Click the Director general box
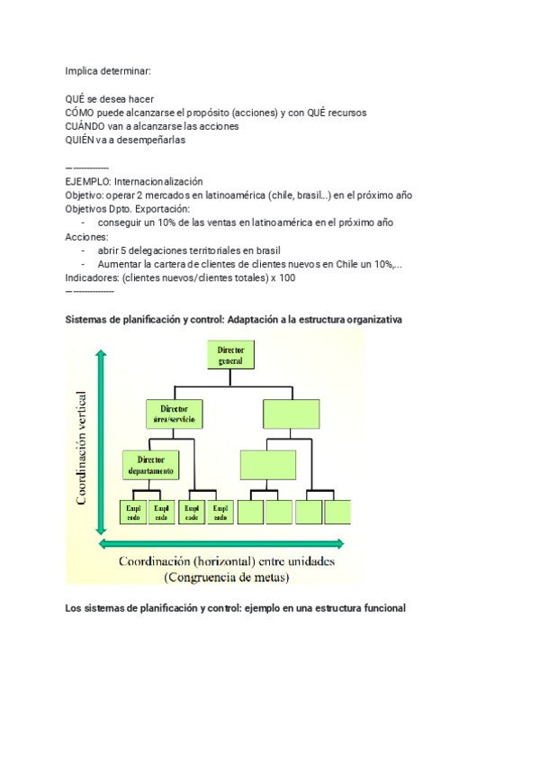(x=231, y=354)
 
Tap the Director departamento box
(x=150, y=465)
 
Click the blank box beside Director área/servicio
(x=291, y=414)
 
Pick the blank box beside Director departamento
(x=267, y=465)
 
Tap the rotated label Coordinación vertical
(x=82, y=447)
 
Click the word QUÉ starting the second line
(x=76, y=98)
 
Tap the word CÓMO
(x=79, y=113)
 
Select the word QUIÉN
(x=79, y=141)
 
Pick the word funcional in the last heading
(x=382, y=608)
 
